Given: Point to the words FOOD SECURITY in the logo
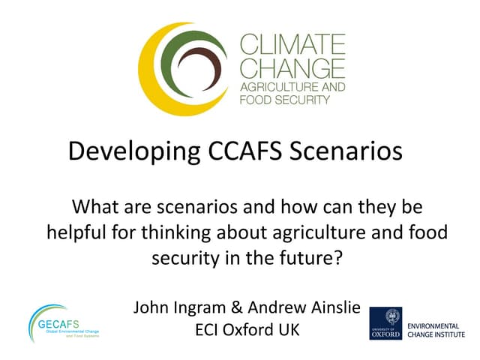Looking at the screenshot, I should pos(283,100).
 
